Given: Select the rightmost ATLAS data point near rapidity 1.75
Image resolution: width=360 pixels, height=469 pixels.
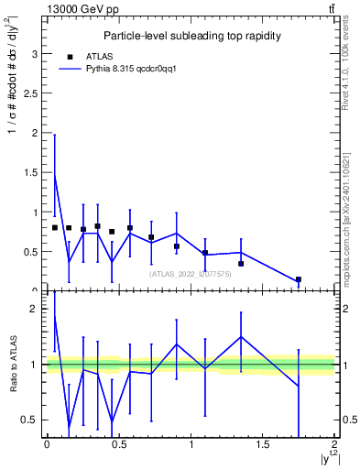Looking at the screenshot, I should point(299,279).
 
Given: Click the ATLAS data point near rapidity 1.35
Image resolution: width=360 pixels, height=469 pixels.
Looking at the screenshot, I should point(241,264).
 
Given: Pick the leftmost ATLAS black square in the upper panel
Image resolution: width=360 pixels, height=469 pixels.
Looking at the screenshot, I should point(55,227).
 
